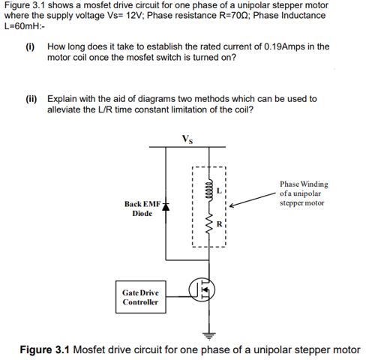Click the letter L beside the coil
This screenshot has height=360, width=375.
[x=219, y=190]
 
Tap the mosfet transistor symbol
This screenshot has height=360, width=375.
[x=200, y=288]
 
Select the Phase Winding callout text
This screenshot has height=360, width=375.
[x=303, y=193]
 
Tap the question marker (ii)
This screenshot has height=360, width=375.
[x=31, y=99]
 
